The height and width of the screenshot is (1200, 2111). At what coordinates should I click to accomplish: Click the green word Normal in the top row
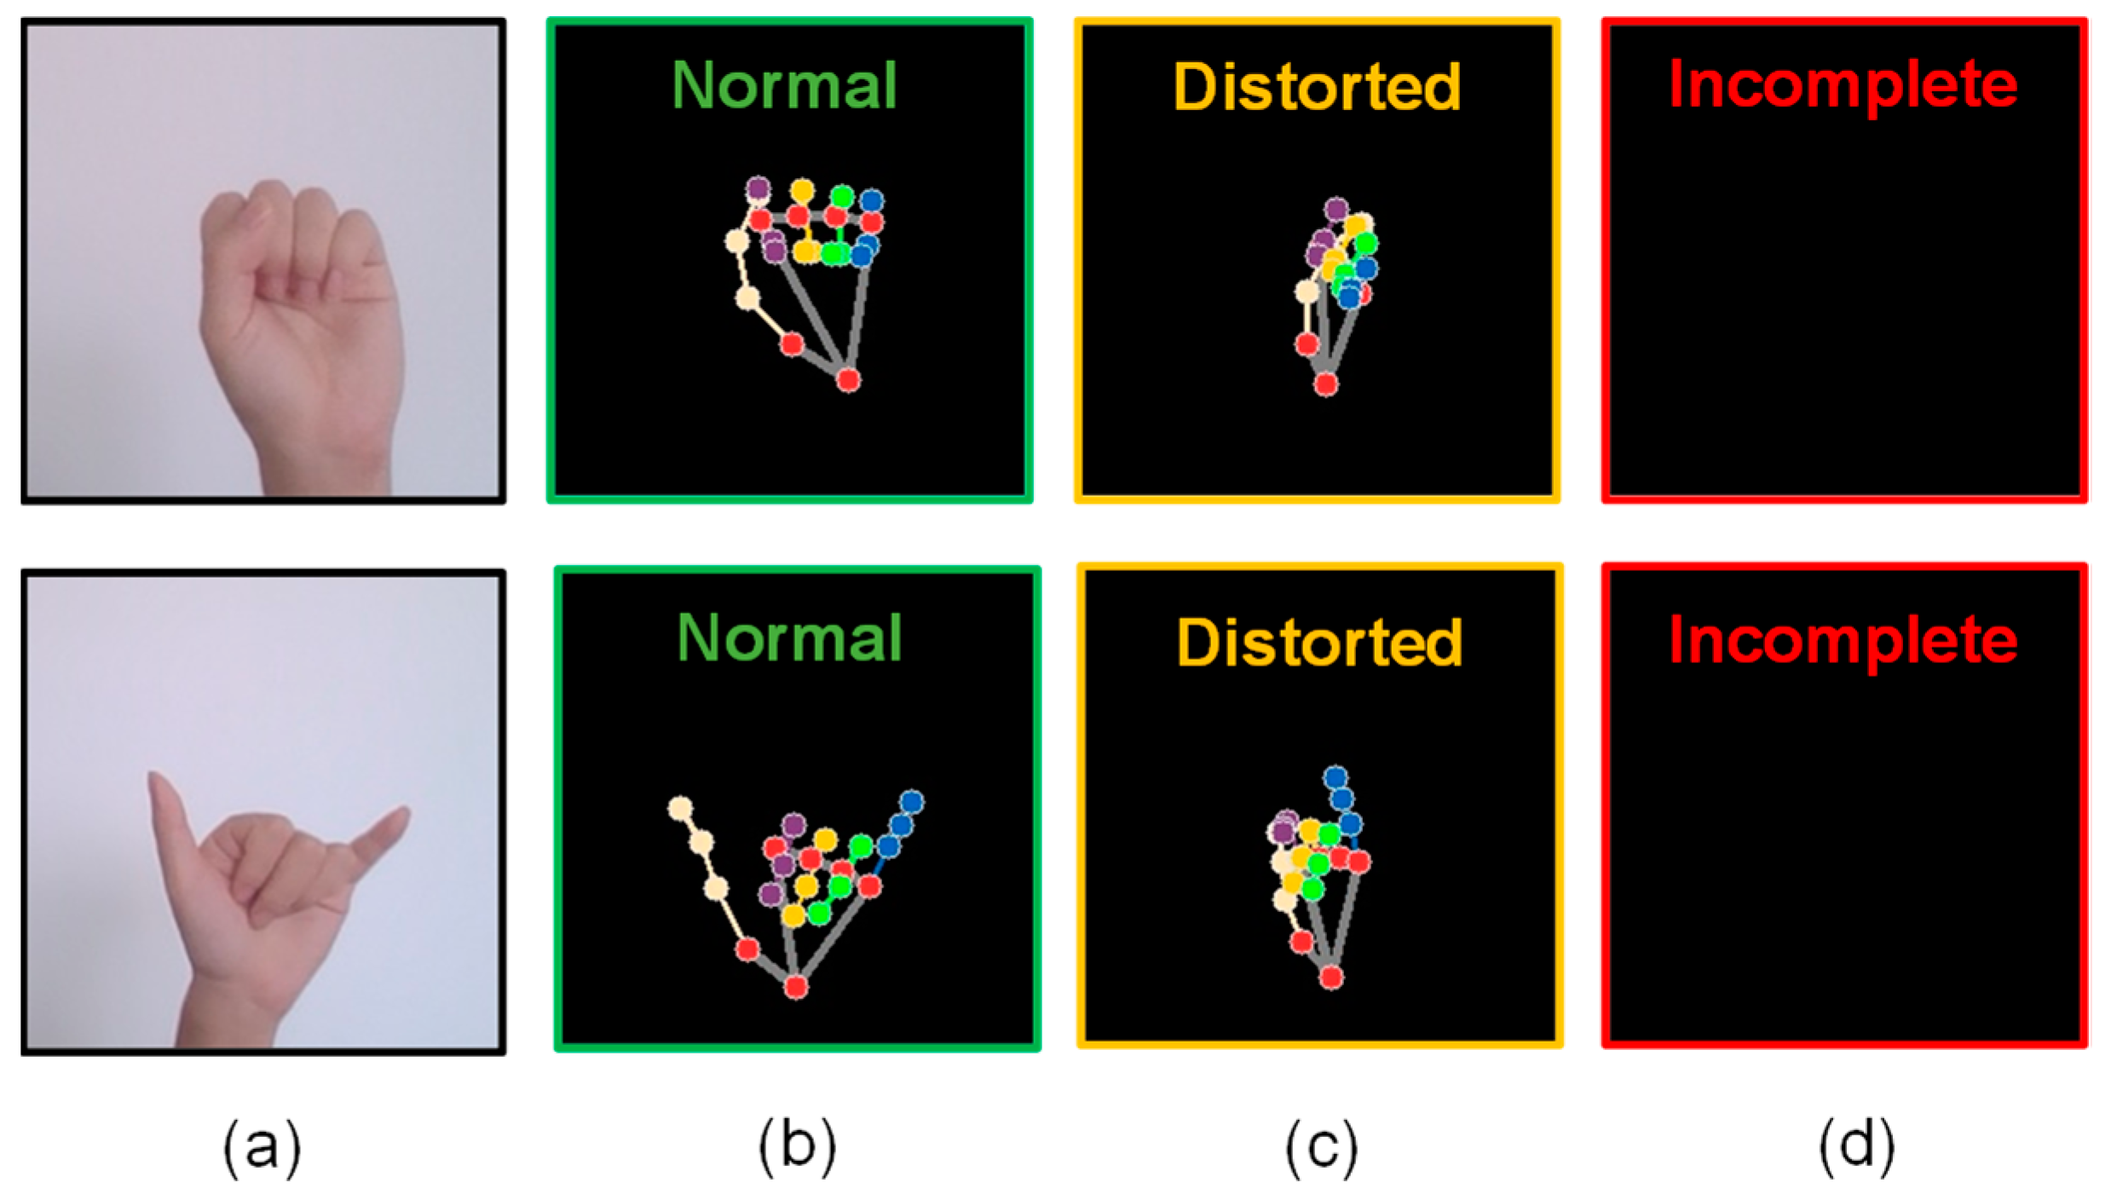coord(784,86)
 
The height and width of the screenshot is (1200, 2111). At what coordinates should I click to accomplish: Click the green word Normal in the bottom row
coord(789,638)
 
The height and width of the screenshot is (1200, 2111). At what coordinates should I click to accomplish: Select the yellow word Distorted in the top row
coord(1317,88)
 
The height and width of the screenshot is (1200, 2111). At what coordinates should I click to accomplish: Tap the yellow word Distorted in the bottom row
coord(1319,643)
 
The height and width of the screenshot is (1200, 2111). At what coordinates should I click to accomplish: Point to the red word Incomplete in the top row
coord(1843,86)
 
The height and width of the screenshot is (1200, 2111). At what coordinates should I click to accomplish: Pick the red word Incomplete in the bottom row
coord(1843,640)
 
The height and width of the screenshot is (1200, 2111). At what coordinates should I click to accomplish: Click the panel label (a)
coord(262,1147)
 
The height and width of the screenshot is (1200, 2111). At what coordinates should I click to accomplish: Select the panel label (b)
coord(797,1147)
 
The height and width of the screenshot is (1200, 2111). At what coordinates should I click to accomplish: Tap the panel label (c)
coord(1321,1147)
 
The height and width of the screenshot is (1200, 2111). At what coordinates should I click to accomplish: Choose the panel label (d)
coord(1857,1147)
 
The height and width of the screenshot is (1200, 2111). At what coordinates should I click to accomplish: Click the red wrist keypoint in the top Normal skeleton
coord(848,379)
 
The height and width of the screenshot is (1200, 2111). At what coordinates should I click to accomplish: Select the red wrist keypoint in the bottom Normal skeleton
coord(796,987)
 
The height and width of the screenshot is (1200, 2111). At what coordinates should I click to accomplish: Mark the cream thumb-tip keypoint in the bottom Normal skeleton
coord(679,808)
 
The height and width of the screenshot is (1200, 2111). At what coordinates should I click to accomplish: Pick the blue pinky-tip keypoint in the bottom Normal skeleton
coord(912,802)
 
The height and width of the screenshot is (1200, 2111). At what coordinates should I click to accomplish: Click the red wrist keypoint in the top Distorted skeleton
coord(1325,384)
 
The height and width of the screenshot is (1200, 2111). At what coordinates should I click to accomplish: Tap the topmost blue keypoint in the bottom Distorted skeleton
coord(1335,777)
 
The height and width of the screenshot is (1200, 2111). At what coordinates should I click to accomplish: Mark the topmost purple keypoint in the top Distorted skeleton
coord(1336,209)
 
